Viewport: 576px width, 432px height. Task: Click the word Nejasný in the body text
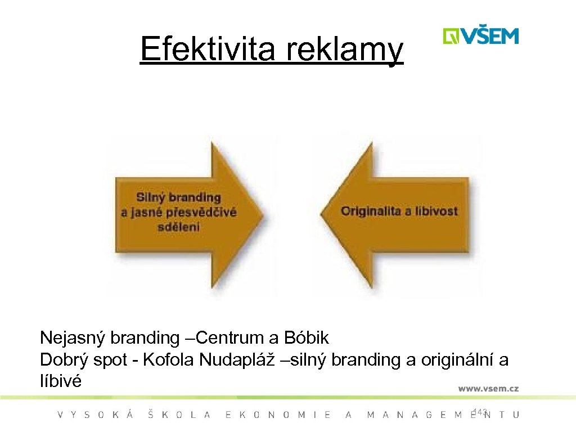tap(73, 338)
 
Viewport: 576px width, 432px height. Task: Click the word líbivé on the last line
tap(60, 381)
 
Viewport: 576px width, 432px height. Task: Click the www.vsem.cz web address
tap(488, 388)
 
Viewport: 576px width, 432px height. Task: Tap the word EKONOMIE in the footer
tap(278, 415)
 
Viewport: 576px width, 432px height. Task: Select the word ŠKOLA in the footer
tap(179, 415)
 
